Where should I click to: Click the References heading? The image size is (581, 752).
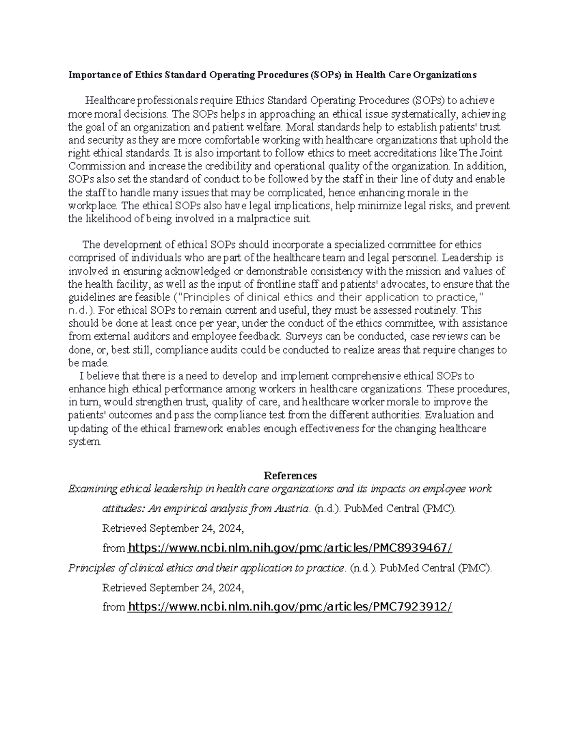(x=290, y=476)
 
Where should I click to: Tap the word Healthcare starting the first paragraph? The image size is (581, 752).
(x=109, y=101)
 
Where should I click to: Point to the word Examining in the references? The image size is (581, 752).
(x=93, y=489)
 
